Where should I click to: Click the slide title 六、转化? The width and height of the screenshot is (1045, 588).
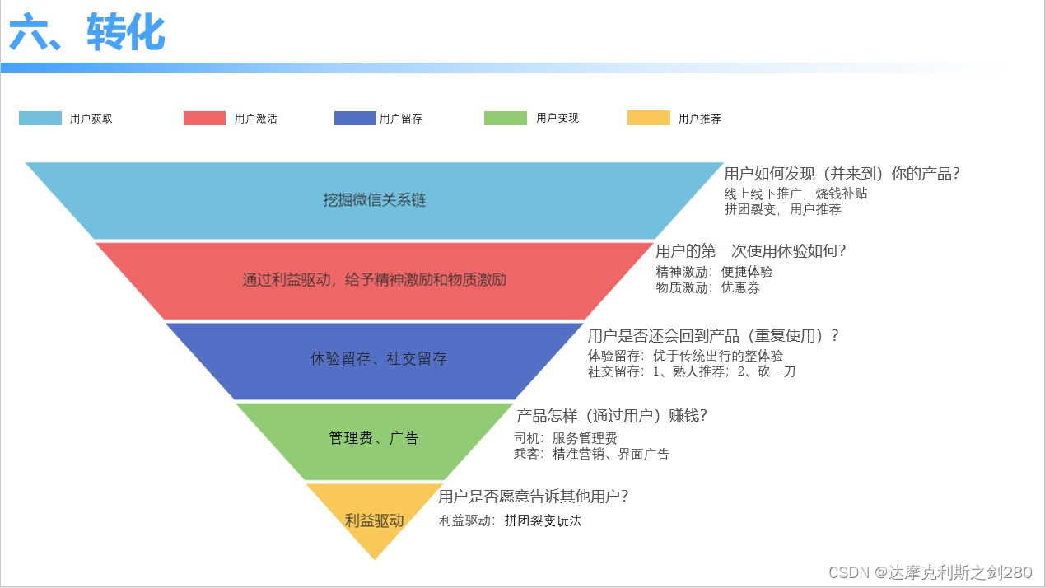pos(87,34)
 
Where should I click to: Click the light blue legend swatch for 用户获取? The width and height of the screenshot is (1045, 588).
pos(40,118)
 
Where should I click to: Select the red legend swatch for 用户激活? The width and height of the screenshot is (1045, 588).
pos(204,118)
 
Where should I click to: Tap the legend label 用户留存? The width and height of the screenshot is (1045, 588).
pos(401,119)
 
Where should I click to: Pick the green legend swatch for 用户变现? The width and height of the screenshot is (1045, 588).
pos(505,118)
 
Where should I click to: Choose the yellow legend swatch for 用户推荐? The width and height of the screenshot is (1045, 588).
pos(649,118)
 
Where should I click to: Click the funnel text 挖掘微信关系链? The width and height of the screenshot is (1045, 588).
pos(374,200)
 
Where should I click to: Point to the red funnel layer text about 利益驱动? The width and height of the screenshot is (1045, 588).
pos(374,280)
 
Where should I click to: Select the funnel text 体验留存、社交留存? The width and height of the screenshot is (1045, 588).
pos(378,359)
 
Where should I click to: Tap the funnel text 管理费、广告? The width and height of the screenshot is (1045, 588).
pos(374,438)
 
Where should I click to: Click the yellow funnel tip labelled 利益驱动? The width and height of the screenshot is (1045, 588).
pos(374,520)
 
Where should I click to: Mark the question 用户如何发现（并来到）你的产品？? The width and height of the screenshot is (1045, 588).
pos(842,174)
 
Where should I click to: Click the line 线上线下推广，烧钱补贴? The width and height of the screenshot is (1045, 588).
pos(795,194)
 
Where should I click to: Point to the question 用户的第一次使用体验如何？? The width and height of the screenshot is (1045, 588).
pos(751,251)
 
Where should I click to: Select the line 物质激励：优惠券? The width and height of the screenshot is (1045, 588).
pos(707,288)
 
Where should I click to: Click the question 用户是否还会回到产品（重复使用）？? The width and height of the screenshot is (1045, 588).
pos(713,336)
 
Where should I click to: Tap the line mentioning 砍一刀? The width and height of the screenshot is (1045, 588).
pos(691,371)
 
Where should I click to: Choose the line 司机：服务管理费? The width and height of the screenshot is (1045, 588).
pos(565,438)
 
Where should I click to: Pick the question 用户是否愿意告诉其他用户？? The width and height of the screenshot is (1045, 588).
pos(534,497)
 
